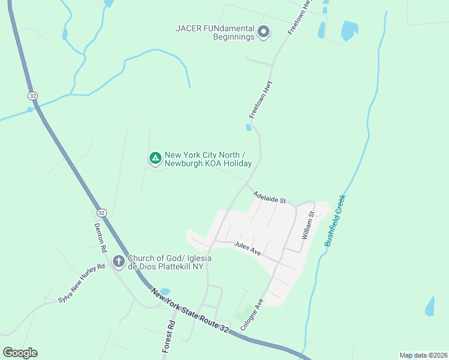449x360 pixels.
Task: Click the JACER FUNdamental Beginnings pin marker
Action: [263, 32]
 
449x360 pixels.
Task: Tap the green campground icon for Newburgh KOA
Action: [155, 158]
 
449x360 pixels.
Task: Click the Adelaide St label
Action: [270, 197]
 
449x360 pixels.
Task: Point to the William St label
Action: [309, 226]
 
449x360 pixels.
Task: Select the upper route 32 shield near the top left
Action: [32, 95]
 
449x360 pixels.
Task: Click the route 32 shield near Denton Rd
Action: [101, 213]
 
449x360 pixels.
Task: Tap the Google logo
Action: [20, 353]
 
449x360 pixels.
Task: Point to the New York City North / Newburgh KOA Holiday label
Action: [208, 158]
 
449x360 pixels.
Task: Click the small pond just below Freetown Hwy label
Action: [249, 127]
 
